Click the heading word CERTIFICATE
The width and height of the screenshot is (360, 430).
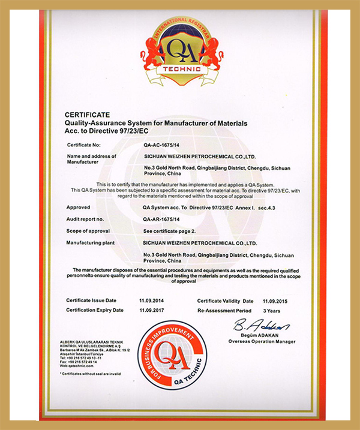pos(87,114)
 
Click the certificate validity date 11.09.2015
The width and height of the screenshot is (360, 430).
pos(275,300)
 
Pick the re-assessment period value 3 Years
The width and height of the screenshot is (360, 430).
pos(271,310)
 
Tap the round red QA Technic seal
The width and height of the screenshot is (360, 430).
pos(172,353)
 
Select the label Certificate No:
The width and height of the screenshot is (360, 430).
pos(87,145)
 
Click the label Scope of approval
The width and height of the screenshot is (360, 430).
pos(89,231)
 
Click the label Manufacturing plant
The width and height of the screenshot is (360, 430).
pos(92,243)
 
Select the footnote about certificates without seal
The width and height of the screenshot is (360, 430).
pos(91,374)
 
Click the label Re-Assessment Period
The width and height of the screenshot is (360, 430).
pos(223,310)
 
